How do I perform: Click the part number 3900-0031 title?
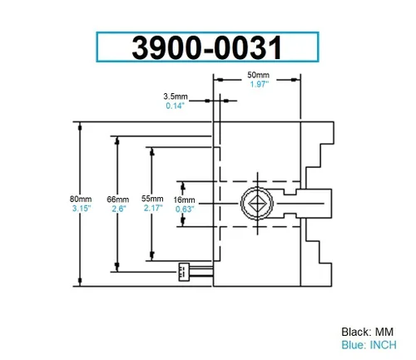pos(207,47)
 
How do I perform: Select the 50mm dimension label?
pos(258,75)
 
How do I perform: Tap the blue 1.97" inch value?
pos(260,84)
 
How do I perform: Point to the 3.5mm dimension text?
pos(176,96)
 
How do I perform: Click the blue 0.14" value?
pos(175,106)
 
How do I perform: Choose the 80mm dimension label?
pos(81,199)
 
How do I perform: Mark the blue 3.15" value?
pos(82,208)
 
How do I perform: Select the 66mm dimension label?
pos(118,200)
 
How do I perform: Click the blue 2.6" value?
pos(119,209)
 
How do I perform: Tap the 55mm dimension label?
pos(152,199)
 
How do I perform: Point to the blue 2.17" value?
pos(153,208)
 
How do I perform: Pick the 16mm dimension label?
pos(184,200)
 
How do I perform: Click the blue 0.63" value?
pos(185,210)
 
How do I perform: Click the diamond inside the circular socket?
pos(257,204)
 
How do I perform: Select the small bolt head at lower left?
pos(184,272)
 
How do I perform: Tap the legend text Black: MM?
pos(368,332)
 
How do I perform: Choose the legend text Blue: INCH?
pos(369,345)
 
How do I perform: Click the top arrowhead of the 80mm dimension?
pos(80,127)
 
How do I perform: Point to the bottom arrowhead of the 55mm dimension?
pos(152,254)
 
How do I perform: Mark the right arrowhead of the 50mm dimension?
pos(294,80)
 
